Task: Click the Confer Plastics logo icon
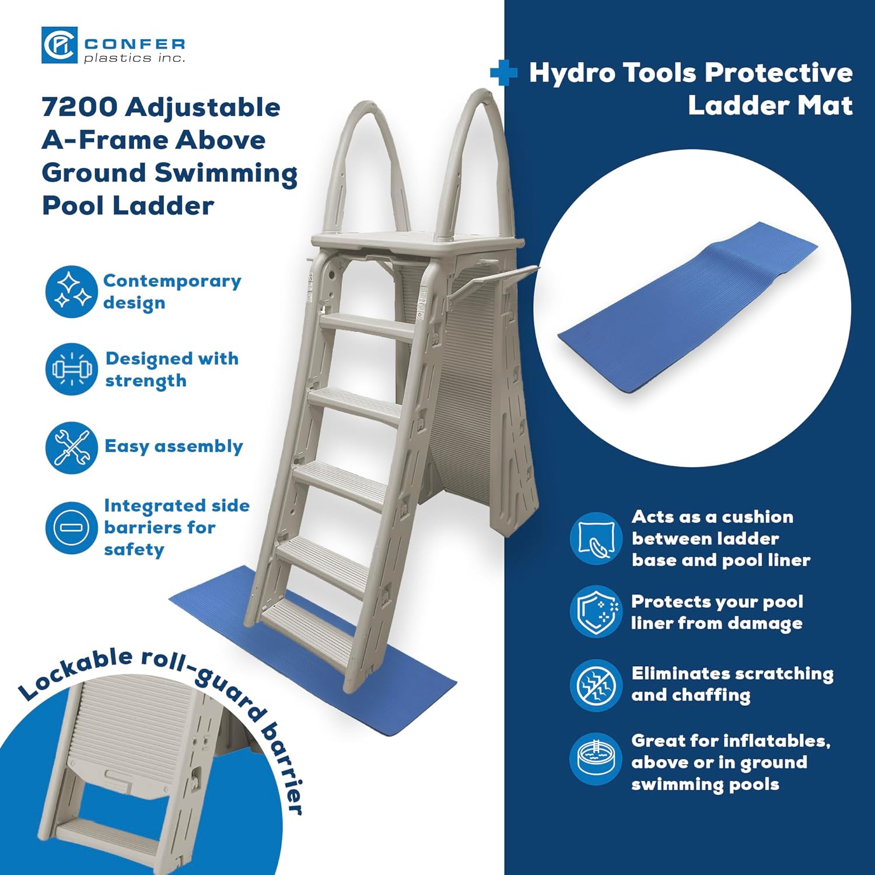tap(59, 45)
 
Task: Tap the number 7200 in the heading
tap(79, 107)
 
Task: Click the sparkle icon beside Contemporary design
tap(71, 292)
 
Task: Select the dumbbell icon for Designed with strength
tap(71, 369)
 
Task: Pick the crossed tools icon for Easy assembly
tap(71, 447)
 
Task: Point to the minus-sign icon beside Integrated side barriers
tap(71, 528)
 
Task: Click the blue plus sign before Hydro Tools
tap(503, 73)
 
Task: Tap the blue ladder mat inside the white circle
tap(688, 309)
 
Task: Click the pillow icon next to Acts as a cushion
tap(596, 538)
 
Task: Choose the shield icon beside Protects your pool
tap(596, 612)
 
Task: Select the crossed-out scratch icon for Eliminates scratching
tap(596, 685)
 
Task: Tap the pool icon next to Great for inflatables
tap(596, 759)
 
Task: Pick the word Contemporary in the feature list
tap(172, 281)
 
